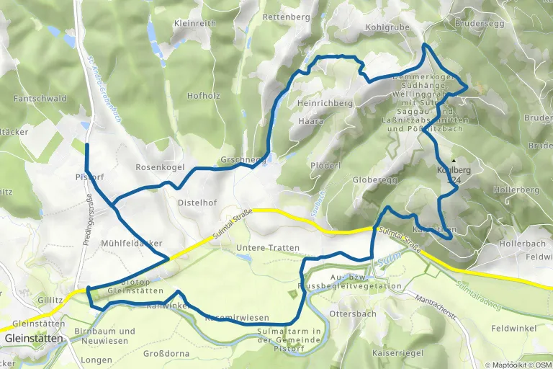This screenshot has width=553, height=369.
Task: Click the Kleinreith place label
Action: click(194, 23)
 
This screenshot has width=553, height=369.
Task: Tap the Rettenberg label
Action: click(287, 16)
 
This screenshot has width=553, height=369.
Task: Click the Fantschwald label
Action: click(40, 98)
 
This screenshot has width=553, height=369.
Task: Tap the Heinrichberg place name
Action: click(324, 103)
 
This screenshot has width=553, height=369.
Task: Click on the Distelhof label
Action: click(197, 203)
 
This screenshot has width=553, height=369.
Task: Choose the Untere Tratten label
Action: click(267, 248)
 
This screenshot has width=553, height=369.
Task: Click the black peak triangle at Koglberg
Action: click(454, 161)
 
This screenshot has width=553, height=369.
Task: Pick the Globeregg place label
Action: click(375, 180)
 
